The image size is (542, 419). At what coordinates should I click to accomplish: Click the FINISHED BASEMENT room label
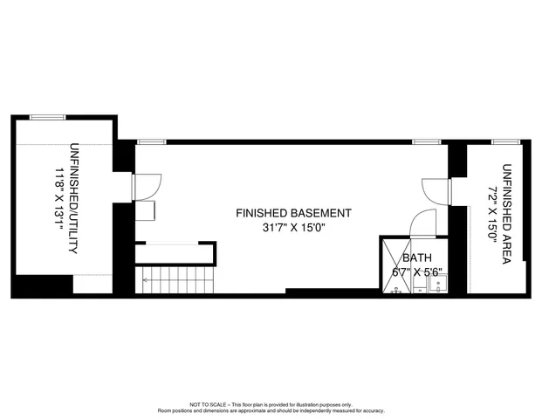293,213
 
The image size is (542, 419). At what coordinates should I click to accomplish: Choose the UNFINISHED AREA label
507,205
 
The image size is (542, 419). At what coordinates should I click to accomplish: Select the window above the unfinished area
503,141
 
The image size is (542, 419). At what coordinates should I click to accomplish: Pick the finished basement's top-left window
151,141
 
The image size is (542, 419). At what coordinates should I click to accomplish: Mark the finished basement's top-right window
425,141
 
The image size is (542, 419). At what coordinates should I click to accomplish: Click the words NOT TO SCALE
208,404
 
